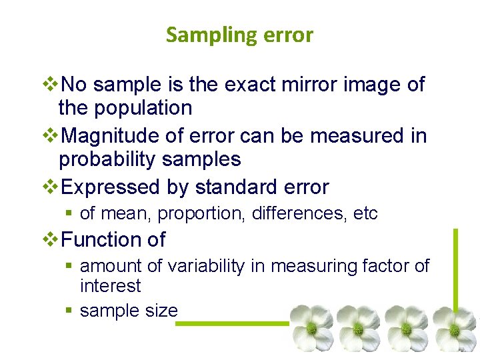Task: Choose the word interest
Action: (x=111, y=286)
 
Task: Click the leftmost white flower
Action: (x=311, y=327)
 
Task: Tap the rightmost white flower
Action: (x=455, y=329)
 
